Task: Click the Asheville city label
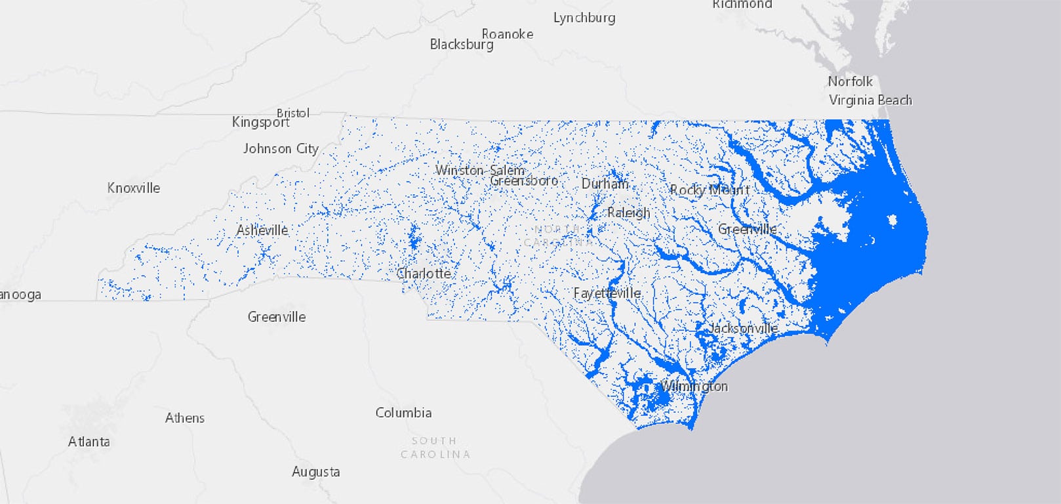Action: [x=262, y=230]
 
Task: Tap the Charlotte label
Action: [x=424, y=273]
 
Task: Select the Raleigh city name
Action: [x=628, y=213]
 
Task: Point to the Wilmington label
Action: [x=694, y=386]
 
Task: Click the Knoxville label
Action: [x=134, y=188]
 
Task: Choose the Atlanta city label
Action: [x=89, y=442]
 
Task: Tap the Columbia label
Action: [x=403, y=413]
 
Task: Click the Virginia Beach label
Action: [x=870, y=100]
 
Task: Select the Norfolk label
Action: [x=850, y=81]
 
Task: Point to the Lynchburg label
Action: [x=584, y=18]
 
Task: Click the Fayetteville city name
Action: [x=607, y=293]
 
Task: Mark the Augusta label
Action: [x=315, y=471]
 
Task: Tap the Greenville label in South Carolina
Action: [x=276, y=317]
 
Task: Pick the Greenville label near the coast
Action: [x=747, y=229]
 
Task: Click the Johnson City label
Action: [x=281, y=149]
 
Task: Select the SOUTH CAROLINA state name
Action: [x=435, y=447]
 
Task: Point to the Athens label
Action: [x=185, y=418]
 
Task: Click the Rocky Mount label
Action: [x=709, y=190]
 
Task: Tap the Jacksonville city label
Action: [x=743, y=327]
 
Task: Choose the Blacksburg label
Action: [x=462, y=45]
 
